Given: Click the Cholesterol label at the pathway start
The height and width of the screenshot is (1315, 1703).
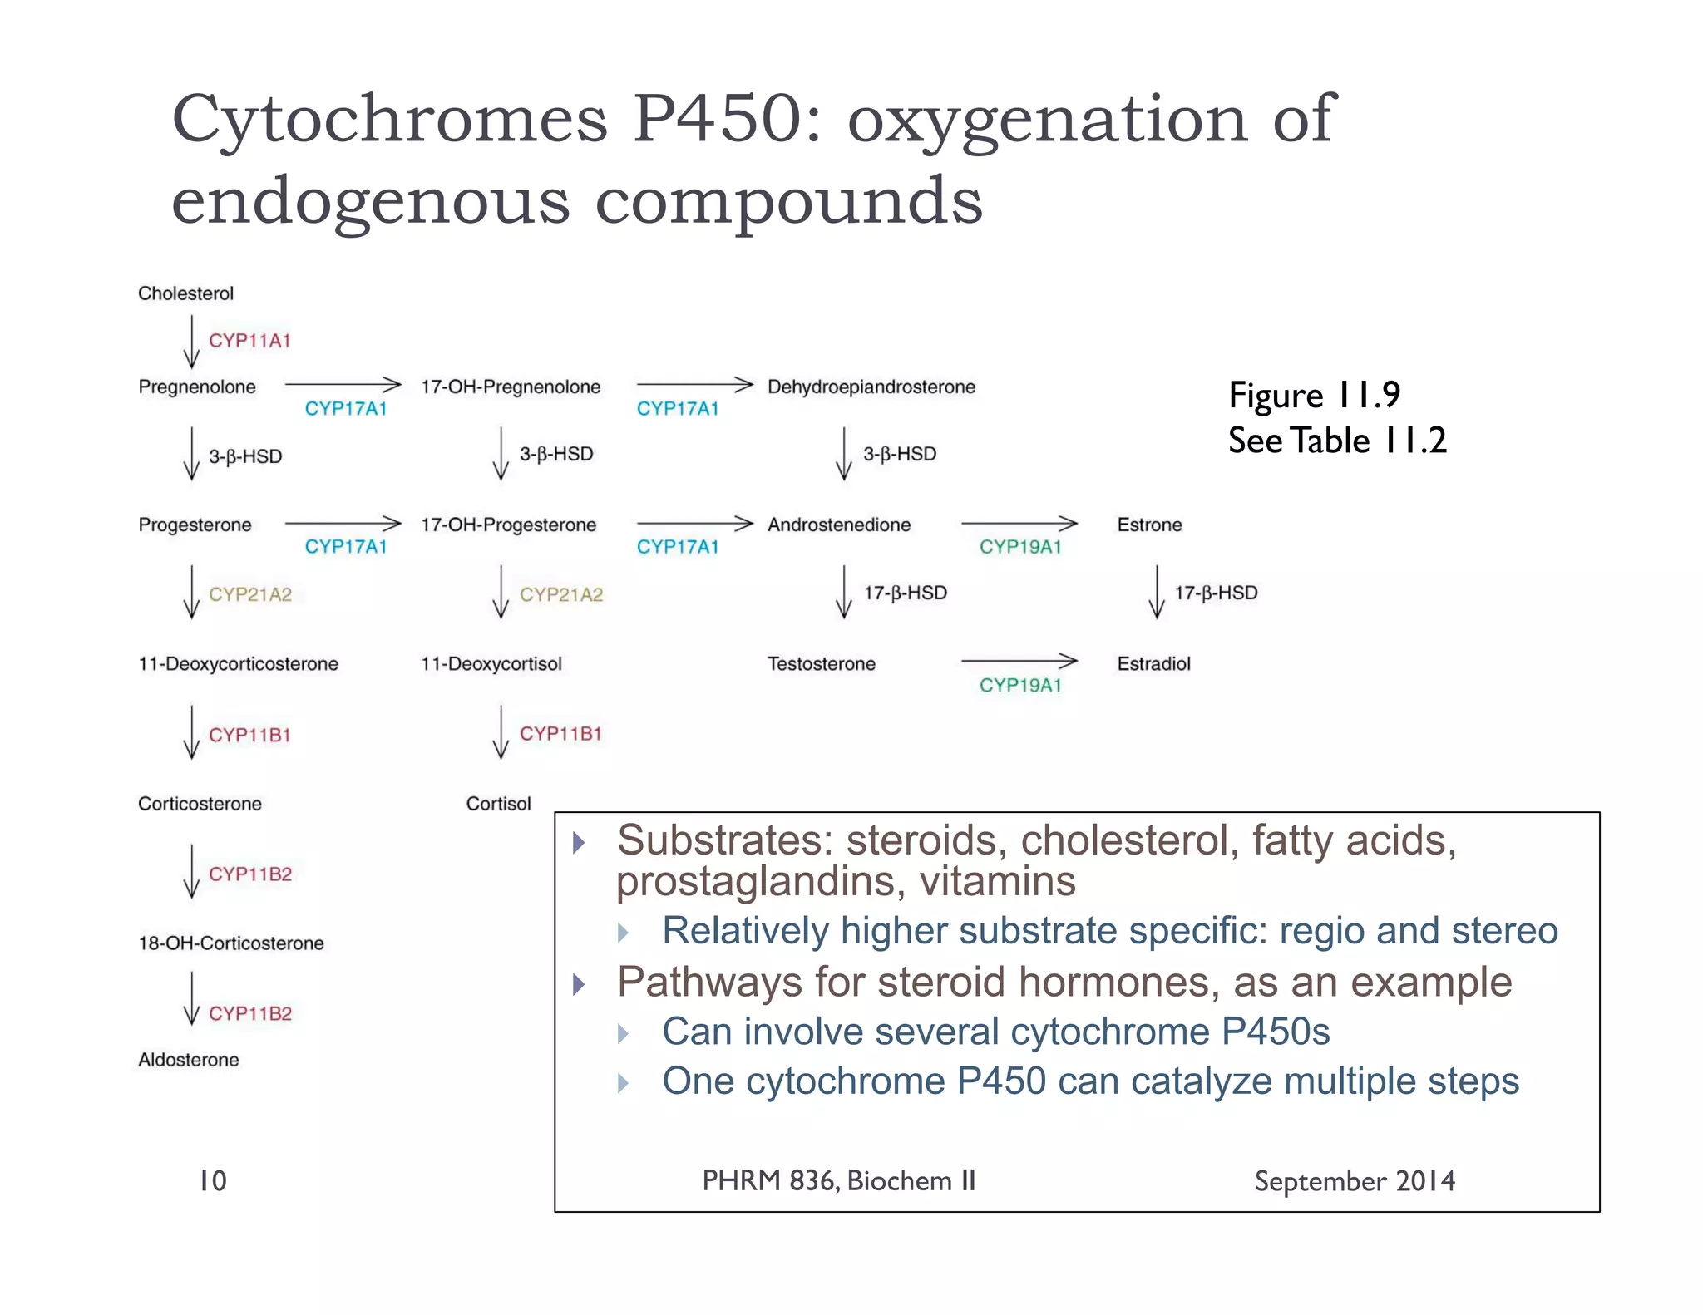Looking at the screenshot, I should point(185,293).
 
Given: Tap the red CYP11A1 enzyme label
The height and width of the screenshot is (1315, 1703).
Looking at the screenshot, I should point(249,341).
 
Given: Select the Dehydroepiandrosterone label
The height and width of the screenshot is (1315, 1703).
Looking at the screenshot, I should point(871,387).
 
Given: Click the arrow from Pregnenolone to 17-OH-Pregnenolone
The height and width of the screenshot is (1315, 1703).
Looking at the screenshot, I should point(343,384).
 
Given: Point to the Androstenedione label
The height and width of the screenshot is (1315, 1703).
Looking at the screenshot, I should point(838,525).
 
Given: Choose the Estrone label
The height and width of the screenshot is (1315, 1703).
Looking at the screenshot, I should point(1149,525).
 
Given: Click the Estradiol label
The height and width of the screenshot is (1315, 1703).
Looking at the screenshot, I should point(1153,663).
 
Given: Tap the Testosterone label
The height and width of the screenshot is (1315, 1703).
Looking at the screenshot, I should point(821,663).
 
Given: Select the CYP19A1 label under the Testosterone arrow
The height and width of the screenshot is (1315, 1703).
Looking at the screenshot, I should point(1020,685).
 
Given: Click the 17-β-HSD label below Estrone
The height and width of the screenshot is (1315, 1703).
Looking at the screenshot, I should point(1215,593).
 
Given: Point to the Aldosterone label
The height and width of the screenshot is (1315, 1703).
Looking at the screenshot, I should point(188,1060).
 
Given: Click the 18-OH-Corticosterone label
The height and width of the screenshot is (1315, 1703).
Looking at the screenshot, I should point(230,943).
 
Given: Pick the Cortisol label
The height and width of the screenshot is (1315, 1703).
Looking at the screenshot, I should point(498,804).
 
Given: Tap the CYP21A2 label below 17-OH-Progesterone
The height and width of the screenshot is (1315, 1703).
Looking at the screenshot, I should point(561,594).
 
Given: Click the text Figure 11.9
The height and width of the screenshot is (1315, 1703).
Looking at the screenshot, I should point(1314,396).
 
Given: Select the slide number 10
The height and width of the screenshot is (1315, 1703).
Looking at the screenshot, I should point(213,1180).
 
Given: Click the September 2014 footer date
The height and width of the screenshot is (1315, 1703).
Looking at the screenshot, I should point(1355,1181).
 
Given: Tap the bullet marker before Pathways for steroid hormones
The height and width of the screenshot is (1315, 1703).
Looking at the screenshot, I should point(580,985).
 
